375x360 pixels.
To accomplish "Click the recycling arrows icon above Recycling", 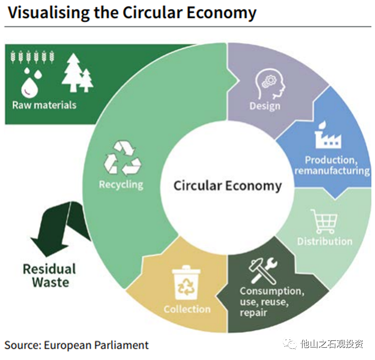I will click(x=122, y=157).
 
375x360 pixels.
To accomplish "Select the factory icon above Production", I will click(x=328, y=134).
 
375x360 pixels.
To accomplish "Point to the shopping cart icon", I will click(x=323, y=221).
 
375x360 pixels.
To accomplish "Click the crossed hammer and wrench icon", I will click(x=263, y=268).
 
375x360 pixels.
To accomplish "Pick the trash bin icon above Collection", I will click(x=187, y=283).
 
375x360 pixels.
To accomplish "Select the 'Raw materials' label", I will click(x=44, y=104).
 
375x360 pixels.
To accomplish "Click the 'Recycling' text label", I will click(x=121, y=184).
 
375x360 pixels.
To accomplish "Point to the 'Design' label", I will click(x=264, y=106).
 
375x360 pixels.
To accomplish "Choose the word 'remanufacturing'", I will click(x=332, y=170).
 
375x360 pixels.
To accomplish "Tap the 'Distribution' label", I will click(x=324, y=241).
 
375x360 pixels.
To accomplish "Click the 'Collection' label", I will click(x=187, y=309).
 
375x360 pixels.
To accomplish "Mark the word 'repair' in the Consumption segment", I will click(x=253, y=312).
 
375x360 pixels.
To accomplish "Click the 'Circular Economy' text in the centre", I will click(x=227, y=186).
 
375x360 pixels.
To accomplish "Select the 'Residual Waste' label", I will click(x=50, y=275).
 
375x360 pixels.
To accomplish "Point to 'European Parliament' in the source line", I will click(x=96, y=345).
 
